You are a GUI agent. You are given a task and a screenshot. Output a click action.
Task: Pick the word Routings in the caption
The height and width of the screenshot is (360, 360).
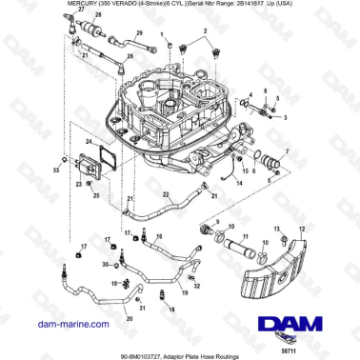pyautogui.click(x=242, y=353)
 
